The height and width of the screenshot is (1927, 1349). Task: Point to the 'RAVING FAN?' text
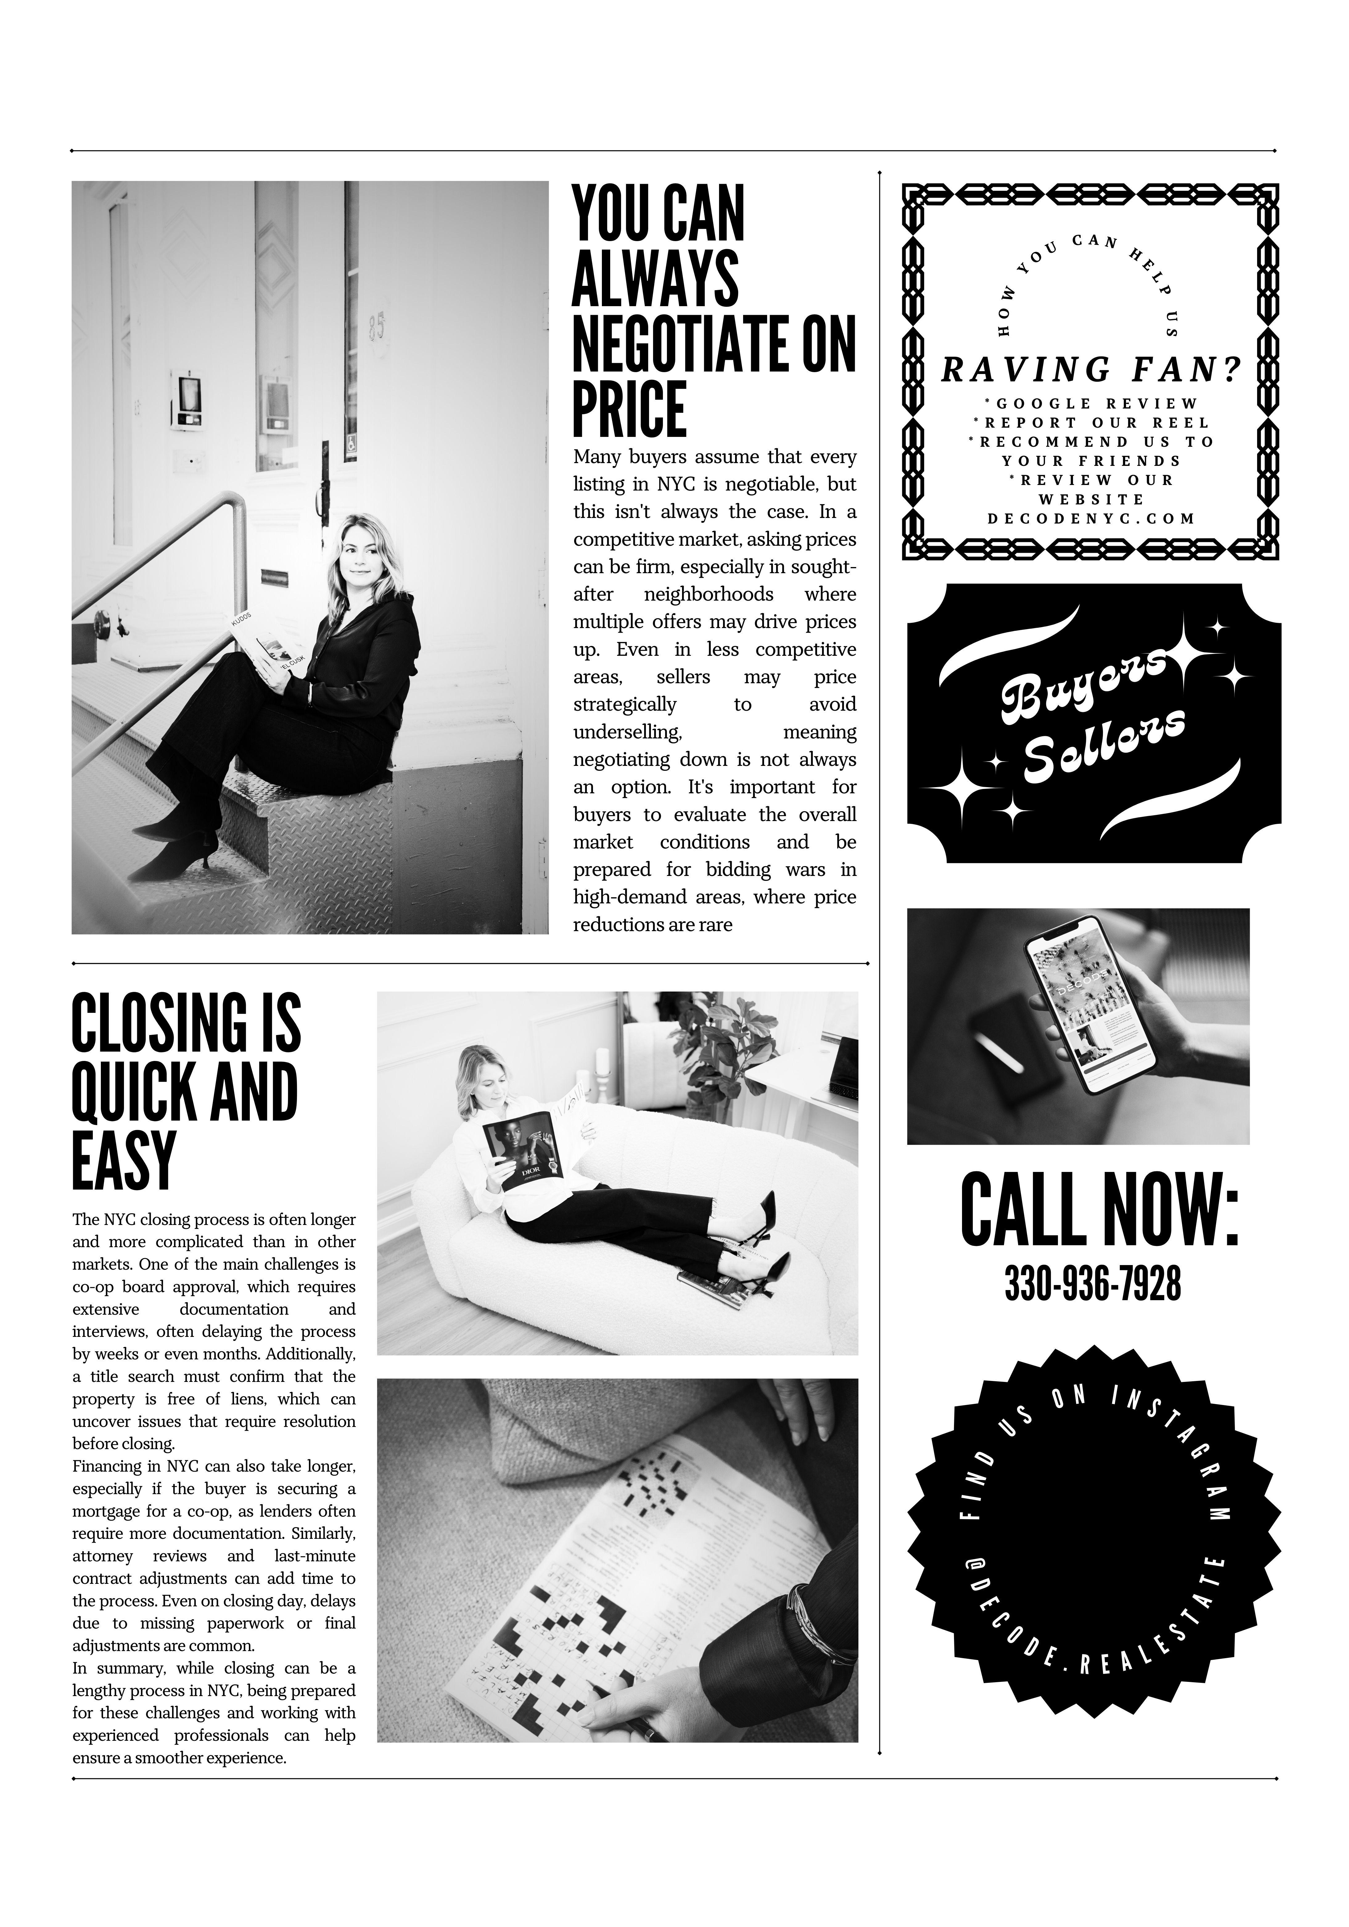(1091, 369)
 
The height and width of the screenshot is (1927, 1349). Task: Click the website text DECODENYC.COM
(1091, 519)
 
